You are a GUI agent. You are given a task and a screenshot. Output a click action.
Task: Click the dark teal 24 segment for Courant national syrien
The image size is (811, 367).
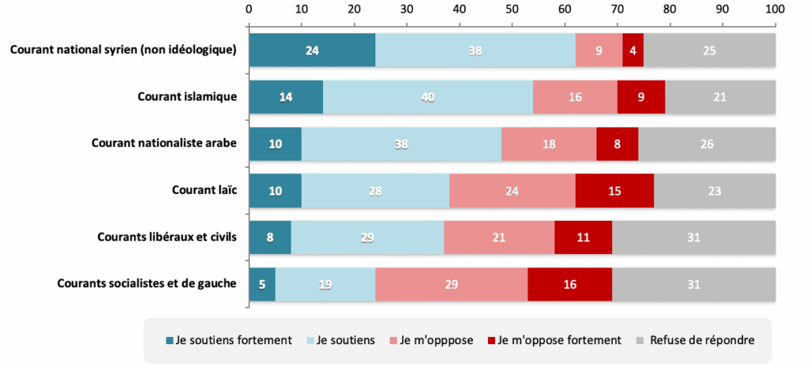[312, 50]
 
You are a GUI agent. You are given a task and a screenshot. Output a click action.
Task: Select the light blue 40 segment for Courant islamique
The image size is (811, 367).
[428, 96]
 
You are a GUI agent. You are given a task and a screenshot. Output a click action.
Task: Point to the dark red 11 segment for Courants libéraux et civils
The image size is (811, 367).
[583, 236]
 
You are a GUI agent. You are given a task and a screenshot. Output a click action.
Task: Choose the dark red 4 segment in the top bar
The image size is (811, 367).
[633, 50]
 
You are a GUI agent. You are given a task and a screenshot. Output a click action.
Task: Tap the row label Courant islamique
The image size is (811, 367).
[187, 96]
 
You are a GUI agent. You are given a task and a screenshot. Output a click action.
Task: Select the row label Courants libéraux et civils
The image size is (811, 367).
[166, 236]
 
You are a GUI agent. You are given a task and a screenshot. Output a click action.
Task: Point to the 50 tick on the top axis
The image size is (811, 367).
[512, 9]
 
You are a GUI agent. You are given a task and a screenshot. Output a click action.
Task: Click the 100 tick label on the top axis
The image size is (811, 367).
[775, 9]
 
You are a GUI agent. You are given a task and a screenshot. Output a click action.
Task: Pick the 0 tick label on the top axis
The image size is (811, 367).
[249, 9]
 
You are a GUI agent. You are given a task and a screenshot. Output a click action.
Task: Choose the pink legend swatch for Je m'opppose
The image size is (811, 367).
[392, 340]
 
